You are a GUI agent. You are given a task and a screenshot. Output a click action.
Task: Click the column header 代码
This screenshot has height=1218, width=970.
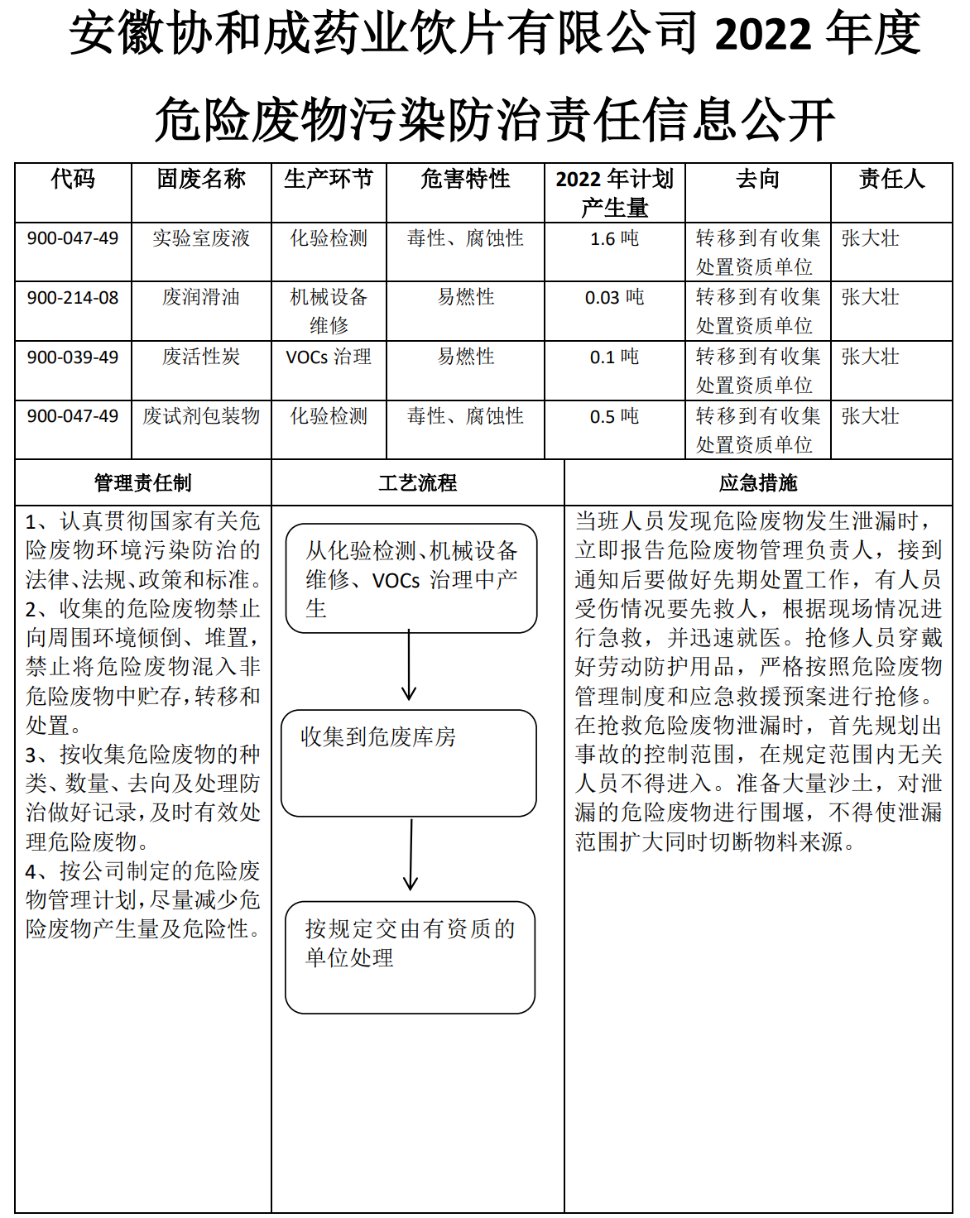[x=73, y=180]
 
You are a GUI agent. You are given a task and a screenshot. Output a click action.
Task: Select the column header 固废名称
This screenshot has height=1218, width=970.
[x=201, y=180]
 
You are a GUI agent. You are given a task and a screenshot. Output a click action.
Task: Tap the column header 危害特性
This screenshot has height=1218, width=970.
[x=465, y=180]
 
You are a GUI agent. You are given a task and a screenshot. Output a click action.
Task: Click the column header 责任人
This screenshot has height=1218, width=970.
[x=891, y=180]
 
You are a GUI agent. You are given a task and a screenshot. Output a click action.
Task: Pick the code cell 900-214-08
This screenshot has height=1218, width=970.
[x=73, y=298]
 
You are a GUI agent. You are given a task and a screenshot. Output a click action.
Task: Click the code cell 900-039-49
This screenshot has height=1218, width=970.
[x=73, y=357]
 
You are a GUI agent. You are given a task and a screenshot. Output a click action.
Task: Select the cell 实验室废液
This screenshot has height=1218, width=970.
[x=201, y=239]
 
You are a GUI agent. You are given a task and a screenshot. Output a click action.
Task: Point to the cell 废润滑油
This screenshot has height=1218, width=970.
[x=201, y=298]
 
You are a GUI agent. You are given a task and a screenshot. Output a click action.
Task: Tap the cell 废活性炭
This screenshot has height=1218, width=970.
[x=201, y=357]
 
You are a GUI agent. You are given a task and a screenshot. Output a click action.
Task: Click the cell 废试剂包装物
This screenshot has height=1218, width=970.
[x=201, y=416]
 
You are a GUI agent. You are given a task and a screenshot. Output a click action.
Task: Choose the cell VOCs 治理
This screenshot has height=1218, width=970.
[x=329, y=357]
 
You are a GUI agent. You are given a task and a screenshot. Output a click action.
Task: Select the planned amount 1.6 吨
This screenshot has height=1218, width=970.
[x=614, y=239]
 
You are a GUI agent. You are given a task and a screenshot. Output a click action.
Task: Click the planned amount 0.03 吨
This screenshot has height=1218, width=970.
[x=614, y=298]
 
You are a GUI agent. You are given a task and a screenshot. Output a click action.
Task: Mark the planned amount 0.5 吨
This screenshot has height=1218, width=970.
[x=614, y=416]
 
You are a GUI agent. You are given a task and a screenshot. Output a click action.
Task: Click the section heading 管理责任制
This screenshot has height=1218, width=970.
[x=142, y=483]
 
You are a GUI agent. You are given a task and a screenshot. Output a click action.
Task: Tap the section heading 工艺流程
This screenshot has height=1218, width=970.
[x=417, y=483]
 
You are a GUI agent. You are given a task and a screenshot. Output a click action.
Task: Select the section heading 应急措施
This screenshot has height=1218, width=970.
[x=758, y=483]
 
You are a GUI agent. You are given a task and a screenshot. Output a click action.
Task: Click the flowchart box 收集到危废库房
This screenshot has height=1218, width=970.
[x=409, y=762]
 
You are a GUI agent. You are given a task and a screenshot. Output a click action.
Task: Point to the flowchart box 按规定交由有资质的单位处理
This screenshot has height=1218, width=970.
[x=410, y=957]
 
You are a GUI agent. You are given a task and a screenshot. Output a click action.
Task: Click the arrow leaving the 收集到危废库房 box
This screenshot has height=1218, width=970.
[x=411, y=856]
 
